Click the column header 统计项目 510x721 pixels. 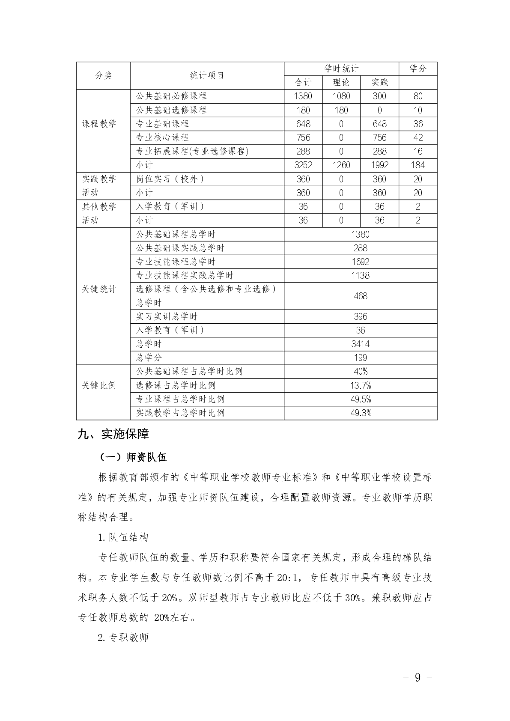tap(207, 75)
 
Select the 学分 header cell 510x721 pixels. tap(418, 69)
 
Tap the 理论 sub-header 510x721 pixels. tap(341, 82)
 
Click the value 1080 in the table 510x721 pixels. tap(341, 96)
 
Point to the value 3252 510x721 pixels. tap(303, 165)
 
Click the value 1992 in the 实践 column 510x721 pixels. tap(379, 165)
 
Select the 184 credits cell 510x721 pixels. tap(418, 165)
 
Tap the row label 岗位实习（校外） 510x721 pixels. tap(170, 179)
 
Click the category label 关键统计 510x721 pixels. tap(99, 289)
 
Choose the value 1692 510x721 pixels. tap(360, 262)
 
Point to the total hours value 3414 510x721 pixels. tap(360, 344)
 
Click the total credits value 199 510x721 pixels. tap(360, 358)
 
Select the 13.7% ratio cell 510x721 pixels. tap(360, 385)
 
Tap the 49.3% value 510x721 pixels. tap(360, 413)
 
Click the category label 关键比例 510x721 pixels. tap(99, 385)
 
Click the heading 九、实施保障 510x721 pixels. tap(113, 434)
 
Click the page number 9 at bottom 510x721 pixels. tap(418, 677)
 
